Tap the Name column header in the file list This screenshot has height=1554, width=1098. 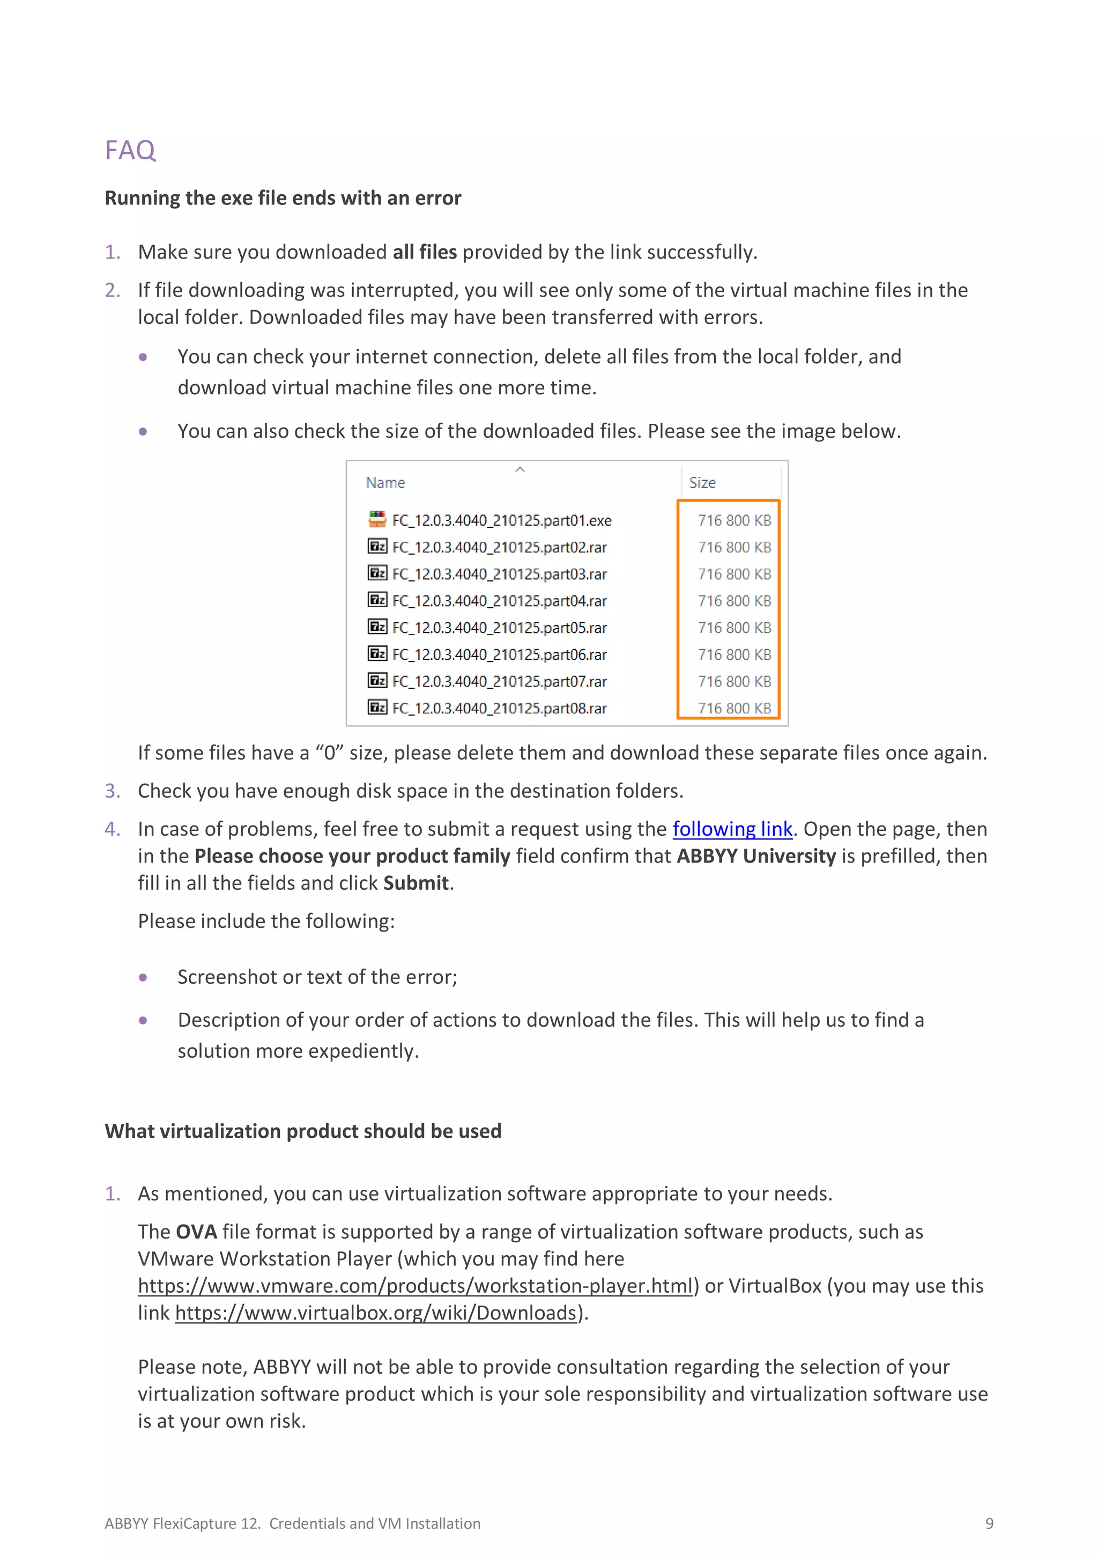(385, 483)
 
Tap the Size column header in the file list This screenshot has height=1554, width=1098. (702, 483)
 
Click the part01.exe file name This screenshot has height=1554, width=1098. (501, 520)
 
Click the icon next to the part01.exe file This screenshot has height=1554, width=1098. (377, 519)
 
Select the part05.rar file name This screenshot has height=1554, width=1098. (499, 628)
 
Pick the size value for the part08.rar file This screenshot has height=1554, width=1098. (734, 708)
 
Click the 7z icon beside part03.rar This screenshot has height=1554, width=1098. (377, 573)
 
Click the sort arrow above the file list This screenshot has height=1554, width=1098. (520, 469)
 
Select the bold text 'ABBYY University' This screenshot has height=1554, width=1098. (755, 856)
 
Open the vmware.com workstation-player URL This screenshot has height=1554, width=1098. (416, 1285)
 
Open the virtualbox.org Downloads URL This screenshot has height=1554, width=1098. (375, 1313)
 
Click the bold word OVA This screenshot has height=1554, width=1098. (196, 1231)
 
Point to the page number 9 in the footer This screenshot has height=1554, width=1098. (989, 1523)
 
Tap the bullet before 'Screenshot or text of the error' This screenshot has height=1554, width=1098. (143, 977)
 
